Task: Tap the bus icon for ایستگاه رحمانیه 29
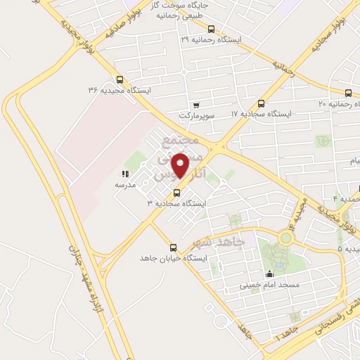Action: pos(212,30)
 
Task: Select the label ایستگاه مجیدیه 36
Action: pos(119,90)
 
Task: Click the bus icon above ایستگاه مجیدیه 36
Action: pos(119,79)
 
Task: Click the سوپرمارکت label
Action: pos(194,114)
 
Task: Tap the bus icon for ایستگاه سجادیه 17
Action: pos(262,103)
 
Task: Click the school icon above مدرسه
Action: pos(124,174)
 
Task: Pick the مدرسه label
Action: pos(125,184)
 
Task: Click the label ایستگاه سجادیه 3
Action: pos(177,203)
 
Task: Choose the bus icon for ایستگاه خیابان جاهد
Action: pos(174,247)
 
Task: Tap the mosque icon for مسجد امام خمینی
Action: pos(269,274)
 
